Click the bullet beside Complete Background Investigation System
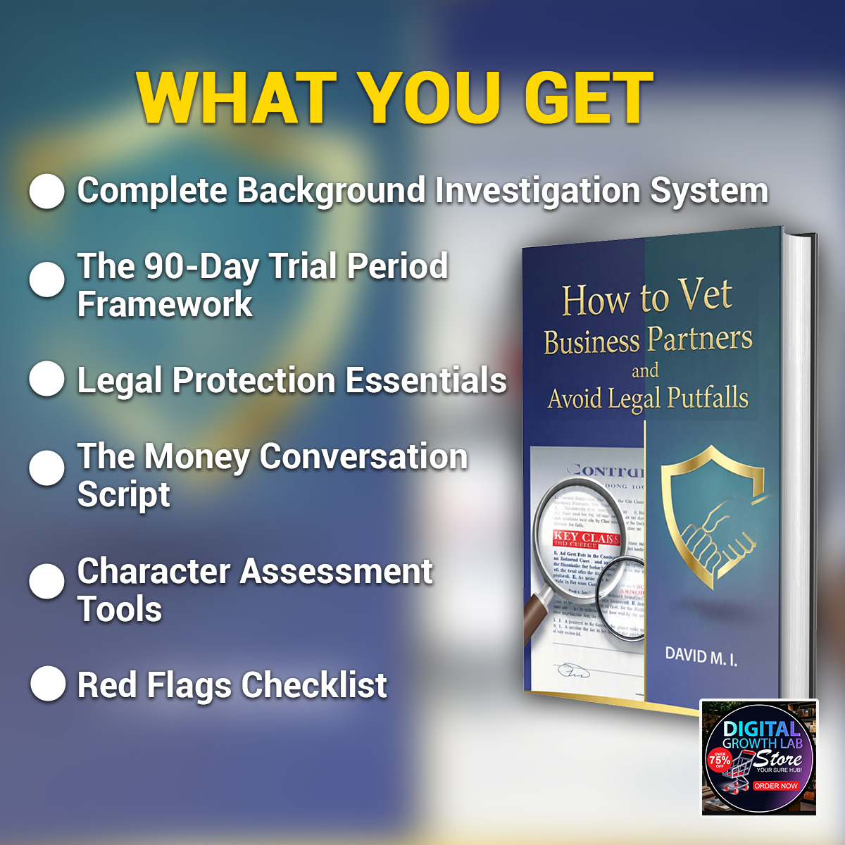47,192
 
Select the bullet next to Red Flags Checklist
48,684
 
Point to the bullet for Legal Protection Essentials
47,379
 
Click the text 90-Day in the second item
203,267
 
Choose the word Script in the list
123,494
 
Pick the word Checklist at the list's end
314,685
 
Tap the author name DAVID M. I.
701,656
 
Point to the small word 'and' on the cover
644,370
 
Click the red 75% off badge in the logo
719,760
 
